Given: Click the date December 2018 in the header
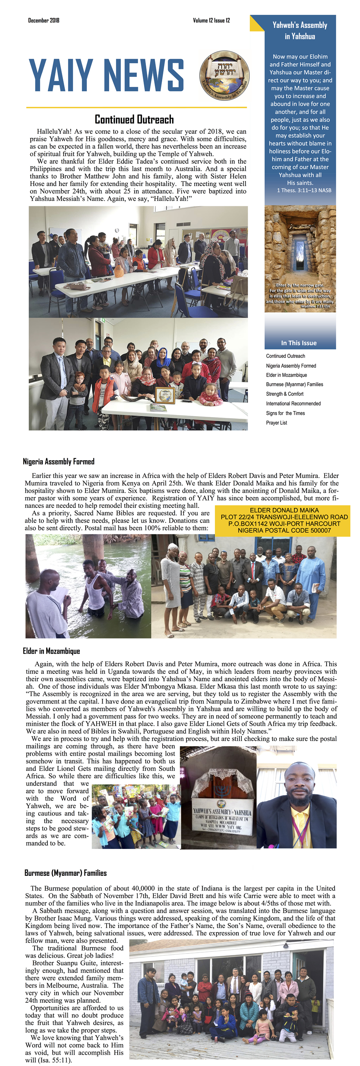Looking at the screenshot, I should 44,20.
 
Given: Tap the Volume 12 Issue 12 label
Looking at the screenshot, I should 211,20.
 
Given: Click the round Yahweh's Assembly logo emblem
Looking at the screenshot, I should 224,76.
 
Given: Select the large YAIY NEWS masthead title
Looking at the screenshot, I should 106,75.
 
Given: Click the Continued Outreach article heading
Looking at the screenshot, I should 134,120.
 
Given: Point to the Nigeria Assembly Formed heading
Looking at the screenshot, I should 58,462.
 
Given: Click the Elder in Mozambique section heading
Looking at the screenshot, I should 51,651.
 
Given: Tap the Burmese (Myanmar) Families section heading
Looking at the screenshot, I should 66,873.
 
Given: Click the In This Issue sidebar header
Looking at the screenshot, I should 298,343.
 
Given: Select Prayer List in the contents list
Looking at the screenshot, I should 276,423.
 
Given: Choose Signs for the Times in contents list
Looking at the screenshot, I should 285,413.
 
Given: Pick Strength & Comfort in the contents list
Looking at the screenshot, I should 285,394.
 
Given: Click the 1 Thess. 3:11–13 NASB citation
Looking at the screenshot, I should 304,190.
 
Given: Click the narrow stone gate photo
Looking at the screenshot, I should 300,258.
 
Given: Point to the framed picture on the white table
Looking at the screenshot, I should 165,395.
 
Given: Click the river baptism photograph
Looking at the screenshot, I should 88,585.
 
